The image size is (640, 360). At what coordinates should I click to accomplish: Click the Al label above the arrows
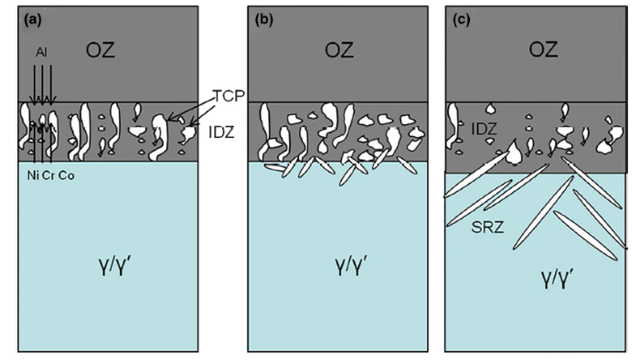click(40, 53)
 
